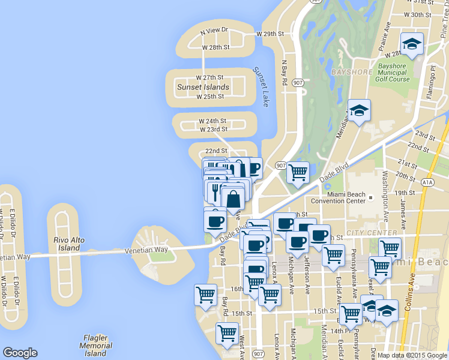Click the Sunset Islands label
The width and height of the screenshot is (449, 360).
(x=203, y=87)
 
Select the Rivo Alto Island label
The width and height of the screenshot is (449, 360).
(x=69, y=244)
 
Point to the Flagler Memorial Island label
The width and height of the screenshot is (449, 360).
(x=95, y=346)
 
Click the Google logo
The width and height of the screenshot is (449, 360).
(x=20, y=353)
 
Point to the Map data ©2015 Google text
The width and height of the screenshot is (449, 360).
(x=412, y=355)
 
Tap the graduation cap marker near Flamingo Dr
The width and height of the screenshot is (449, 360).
(x=412, y=44)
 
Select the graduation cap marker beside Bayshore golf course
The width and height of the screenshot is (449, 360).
(x=359, y=111)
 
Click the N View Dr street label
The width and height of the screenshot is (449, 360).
(x=214, y=29)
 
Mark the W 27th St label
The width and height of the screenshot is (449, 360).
(x=209, y=77)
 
